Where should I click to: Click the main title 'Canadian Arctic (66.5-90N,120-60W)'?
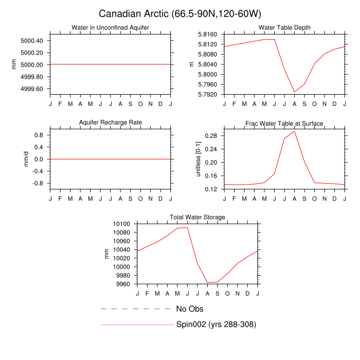click(x=180, y=13)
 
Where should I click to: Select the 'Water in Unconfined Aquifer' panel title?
click(x=111, y=27)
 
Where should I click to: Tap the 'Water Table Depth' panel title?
click(x=284, y=27)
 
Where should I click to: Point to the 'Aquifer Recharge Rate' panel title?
click(x=111, y=122)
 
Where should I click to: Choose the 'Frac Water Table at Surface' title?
click(x=284, y=123)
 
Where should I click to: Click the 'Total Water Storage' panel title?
click(x=197, y=218)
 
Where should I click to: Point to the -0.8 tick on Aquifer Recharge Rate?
click(x=39, y=183)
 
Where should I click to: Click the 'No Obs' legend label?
click(x=190, y=309)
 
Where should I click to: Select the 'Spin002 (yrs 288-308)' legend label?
click(x=216, y=325)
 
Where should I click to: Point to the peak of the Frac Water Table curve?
click(x=295, y=131)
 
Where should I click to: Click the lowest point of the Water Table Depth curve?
click(x=295, y=92)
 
